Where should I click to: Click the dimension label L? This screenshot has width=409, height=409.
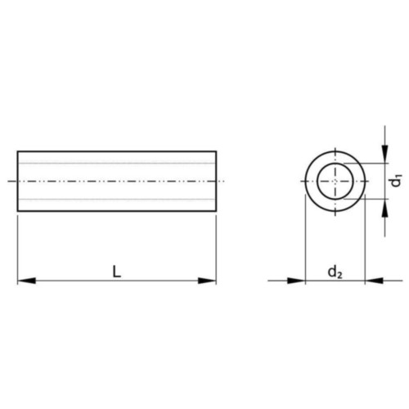pyautogui.click(x=117, y=272)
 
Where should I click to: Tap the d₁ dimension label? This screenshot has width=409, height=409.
pyautogui.click(x=396, y=182)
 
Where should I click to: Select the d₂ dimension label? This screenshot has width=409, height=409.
pyautogui.click(x=335, y=272)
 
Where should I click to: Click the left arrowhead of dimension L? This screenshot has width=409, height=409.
pyautogui.click(x=26, y=281)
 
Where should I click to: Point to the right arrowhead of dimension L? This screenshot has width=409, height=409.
pyautogui.click(x=207, y=281)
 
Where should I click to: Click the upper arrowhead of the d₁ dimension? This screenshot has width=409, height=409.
pyautogui.click(x=384, y=155)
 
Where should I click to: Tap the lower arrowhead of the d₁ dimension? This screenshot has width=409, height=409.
pyautogui.click(x=384, y=209)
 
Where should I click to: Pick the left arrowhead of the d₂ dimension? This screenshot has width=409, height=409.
pyautogui.click(x=296, y=281)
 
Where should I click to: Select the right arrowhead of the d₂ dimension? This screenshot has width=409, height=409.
pyautogui.click(x=374, y=281)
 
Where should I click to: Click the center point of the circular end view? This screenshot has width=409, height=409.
pyautogui.click(x=335, y=181)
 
